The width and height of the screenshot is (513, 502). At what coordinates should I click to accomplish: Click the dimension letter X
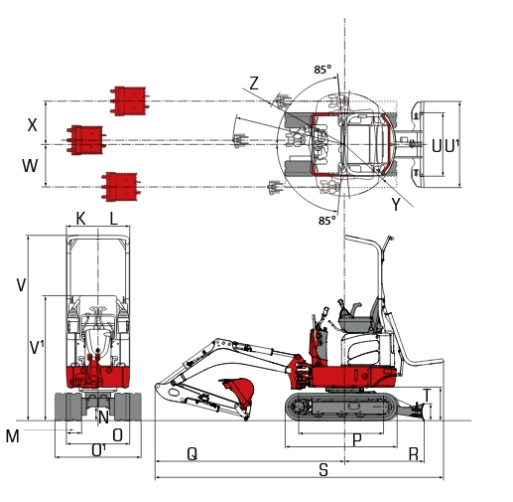point(33,125)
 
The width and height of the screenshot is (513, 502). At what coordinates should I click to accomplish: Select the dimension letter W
point(30,165)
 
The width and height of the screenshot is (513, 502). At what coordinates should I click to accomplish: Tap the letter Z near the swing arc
point(254,84)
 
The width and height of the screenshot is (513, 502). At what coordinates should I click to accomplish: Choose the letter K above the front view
point(80,218)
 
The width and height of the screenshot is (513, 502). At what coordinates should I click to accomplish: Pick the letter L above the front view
point(113,218)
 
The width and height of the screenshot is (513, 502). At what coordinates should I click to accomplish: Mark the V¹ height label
point(37,348)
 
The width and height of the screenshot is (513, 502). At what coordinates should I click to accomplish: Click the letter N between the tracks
point(102,417)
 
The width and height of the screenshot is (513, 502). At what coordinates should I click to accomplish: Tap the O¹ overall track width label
point(98,450)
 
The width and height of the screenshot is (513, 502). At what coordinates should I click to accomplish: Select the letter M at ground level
point(12,436)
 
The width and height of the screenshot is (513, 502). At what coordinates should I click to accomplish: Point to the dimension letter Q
point(192,453)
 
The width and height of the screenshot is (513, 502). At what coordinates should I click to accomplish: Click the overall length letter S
point(323,470)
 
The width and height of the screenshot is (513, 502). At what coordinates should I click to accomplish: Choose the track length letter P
point(354,438)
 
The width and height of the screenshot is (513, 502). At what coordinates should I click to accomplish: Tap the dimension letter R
point(413,453)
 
